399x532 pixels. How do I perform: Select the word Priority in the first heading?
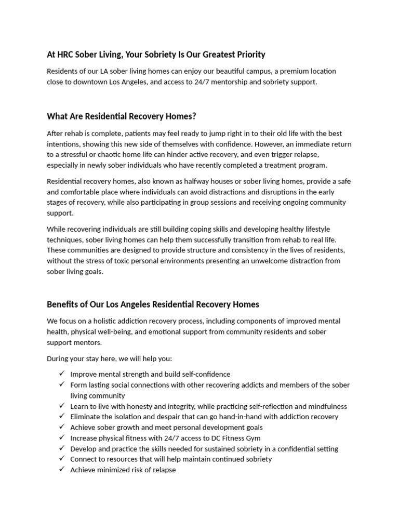[x=249, y=55]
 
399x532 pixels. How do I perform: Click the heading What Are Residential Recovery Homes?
[x=122, y=116]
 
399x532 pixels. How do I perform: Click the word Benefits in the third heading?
[x=62, y=304]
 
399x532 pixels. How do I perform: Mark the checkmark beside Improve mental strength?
[x=61, y=374]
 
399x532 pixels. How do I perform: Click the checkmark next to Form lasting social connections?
[x=61, y=384]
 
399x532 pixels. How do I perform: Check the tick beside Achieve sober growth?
[x=61, y=427]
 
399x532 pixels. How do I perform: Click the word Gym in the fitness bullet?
[x=252, y=438]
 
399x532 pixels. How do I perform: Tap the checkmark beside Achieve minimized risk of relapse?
[x=61, y=470]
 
